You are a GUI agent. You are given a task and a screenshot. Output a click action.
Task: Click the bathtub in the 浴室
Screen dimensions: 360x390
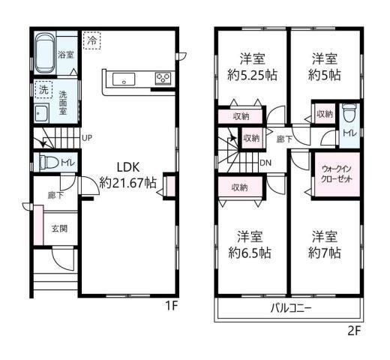click(x=46, y=52)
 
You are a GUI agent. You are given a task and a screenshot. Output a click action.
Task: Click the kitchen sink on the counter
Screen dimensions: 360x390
click(x=122, y=79)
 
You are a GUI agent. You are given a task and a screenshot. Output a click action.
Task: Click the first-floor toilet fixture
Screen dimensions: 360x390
click(x=47, y=161)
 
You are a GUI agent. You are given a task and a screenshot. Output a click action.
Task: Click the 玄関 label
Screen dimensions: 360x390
click(x=58, y=229)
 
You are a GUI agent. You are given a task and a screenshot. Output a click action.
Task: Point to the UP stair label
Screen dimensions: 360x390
click(x=87, y=138)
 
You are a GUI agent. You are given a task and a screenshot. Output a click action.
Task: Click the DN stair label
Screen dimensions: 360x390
click(x=265, y=162)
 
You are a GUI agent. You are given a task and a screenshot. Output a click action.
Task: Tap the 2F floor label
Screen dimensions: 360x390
click(x=354, y=330)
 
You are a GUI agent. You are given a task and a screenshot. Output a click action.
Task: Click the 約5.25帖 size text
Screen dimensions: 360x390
click(x=250, y=75)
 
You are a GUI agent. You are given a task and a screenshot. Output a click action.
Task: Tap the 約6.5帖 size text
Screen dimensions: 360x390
click(x=250, y=253)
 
